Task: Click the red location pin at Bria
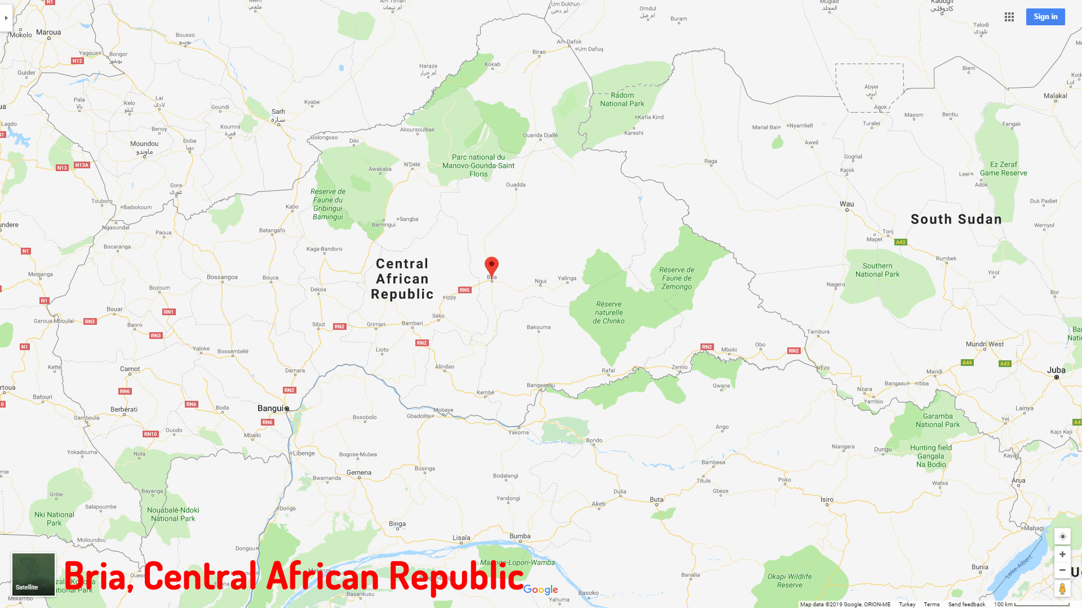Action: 491,266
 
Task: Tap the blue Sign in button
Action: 1045,17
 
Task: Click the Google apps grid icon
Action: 1009,17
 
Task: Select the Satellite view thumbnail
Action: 33,574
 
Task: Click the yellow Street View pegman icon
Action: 1062,589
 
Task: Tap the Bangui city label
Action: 270,408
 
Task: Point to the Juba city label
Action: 1056,370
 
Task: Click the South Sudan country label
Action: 956,219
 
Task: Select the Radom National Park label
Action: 622,100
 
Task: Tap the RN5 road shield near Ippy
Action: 464,290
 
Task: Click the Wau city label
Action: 846,204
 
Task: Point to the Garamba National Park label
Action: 938,421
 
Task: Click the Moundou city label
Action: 144,144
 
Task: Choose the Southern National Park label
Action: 877,270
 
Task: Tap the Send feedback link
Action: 966,604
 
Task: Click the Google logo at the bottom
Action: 540,589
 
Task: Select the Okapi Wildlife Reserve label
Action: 790,580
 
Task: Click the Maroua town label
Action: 48,32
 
